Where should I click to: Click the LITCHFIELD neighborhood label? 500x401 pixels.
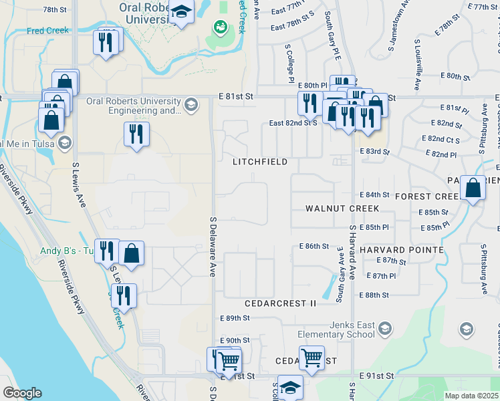260,162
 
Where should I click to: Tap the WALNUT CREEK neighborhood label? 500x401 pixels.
342,209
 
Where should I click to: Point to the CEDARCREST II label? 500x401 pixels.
280,303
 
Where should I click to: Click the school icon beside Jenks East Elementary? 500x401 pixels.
384,327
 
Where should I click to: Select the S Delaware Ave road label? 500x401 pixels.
213,247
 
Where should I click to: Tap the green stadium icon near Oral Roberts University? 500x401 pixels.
219,27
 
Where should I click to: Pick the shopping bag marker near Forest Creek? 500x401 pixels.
473,189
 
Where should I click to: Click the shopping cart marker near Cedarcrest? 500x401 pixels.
311,358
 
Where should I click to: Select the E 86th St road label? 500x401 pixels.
314,246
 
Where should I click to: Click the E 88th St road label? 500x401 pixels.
374,295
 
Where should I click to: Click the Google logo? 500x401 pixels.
23,393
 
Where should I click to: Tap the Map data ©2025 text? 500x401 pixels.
471,396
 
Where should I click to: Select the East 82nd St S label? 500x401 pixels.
293,123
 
